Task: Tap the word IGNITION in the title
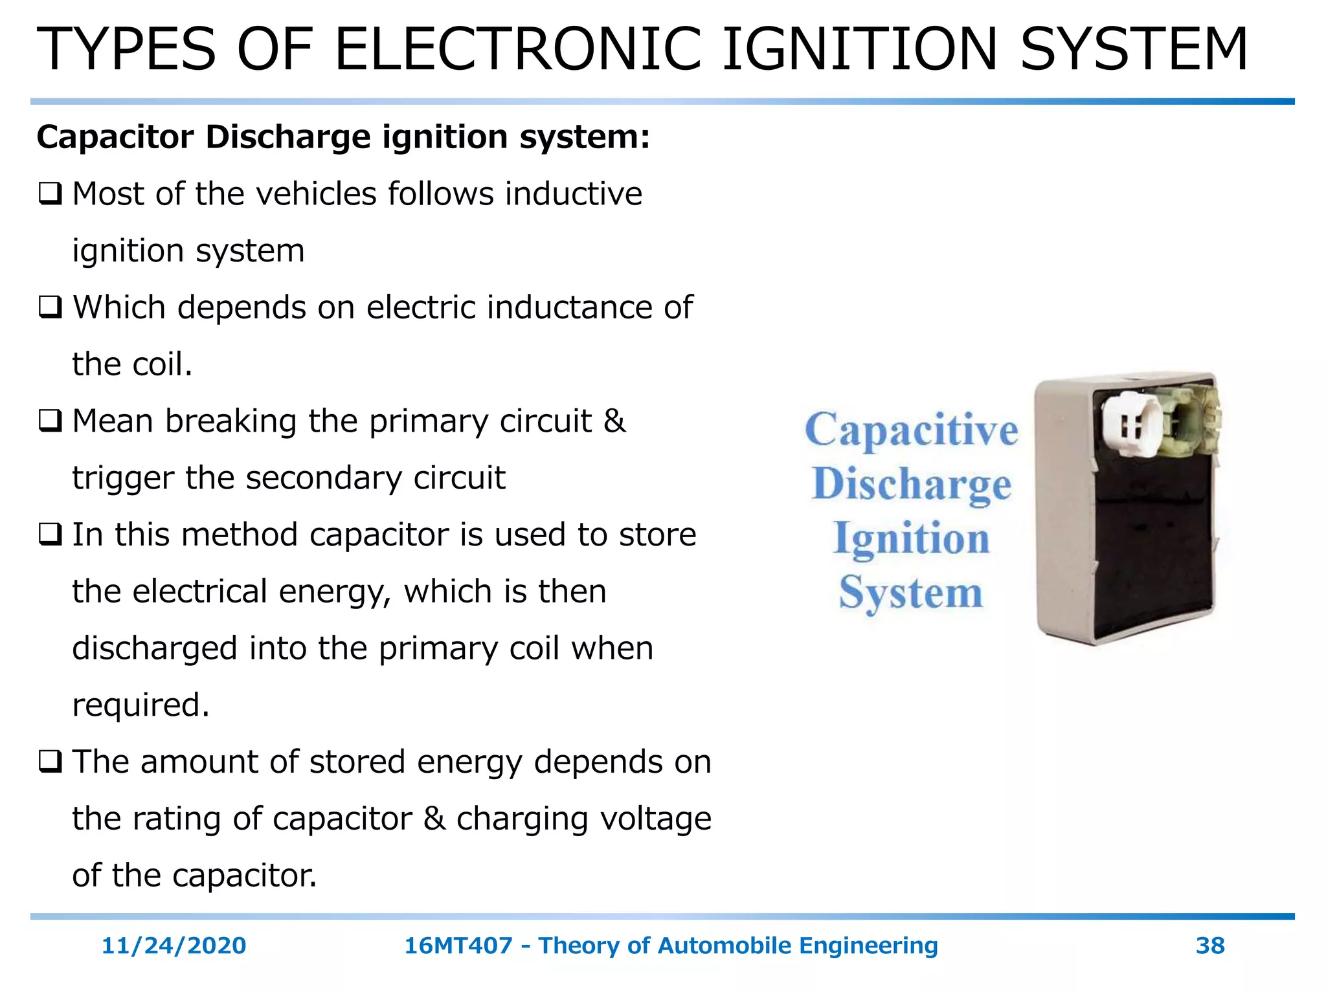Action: (859, 49)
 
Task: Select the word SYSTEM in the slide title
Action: (1134, 49)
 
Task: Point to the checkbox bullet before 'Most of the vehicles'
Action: (50, 194)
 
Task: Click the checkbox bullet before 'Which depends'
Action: (50, 307)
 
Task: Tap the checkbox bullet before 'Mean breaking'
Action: (50, 421)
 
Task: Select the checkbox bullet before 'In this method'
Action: (50, 535)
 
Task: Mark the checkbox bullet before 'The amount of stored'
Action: (50, 762)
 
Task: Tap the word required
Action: (140, 705)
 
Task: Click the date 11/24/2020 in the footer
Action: (174, 945)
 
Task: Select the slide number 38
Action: (1209, 945)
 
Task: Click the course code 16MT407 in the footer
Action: (458, 945)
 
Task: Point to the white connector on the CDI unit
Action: (1132, 425)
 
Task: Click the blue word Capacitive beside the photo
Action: (911, 430)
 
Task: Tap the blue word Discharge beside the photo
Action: (911, 484)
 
